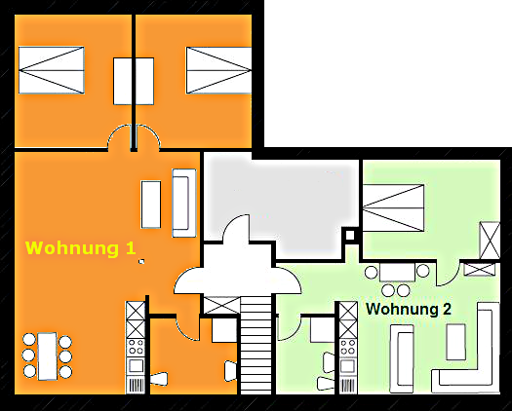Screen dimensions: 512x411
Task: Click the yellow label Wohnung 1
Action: (x=81, y=248)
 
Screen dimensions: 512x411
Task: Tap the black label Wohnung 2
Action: (x=409, y=309)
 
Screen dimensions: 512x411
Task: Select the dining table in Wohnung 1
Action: (x=48, y=356)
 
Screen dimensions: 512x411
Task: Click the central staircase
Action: (x=256, y=344)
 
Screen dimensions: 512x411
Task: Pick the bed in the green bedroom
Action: (x=393, y=208)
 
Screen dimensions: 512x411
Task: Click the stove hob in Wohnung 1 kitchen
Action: (x=136, y=347)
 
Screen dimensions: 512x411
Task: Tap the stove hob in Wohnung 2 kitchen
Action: (x=348, y=347)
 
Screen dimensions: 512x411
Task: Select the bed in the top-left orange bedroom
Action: (x=52, y=70)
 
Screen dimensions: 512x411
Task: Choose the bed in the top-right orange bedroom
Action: (x=218, y=70)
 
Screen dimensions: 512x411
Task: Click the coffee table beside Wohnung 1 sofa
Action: (x=151, y=205)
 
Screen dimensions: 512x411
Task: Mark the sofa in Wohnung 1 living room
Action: (x=184, y=203)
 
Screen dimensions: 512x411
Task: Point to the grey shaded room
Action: (x=281, y=199)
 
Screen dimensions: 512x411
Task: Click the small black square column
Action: (x=350, y=235)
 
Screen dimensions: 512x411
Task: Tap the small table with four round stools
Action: (x=397, y=273)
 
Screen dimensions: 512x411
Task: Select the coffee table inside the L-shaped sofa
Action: (x=455, y=342)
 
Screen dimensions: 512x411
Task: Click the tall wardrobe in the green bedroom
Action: (x=490, y=241)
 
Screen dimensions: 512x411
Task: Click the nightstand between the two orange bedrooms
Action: (x=134, y=81)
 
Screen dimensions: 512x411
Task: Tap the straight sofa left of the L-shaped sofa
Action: (x=402, y=358)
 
